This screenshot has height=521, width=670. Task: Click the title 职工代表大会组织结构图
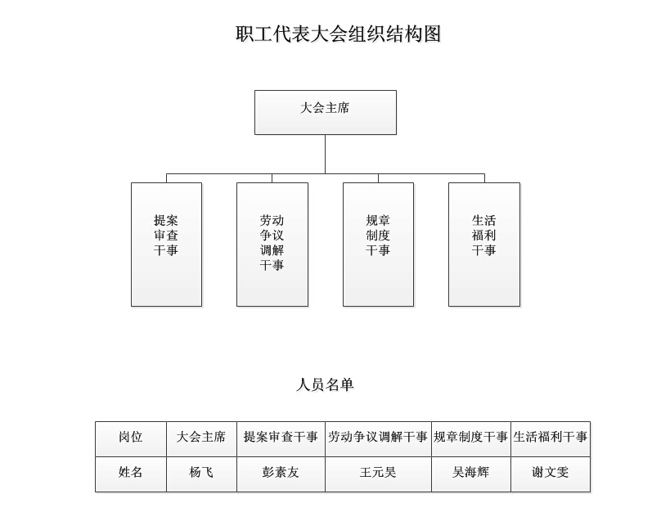(338, 34)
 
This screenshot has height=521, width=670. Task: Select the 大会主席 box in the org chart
(326, 112)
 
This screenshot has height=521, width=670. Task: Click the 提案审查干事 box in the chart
(166, 245)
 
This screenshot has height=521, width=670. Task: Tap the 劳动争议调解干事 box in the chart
(272, 245)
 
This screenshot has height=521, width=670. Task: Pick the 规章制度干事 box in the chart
(378, 245)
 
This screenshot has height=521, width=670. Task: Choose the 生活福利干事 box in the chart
(484, 245)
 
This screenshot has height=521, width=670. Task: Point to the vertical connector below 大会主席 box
(325, 154)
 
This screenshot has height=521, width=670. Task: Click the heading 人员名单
(325, 384)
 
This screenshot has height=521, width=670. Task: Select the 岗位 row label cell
(131, 439)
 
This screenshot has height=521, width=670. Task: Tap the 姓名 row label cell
(131, 474)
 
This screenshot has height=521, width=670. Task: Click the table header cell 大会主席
(201, 439)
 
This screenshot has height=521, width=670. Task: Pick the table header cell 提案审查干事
(281, 439)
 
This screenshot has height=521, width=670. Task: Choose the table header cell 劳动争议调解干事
(378, 439)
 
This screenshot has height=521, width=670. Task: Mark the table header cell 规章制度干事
(471, 439)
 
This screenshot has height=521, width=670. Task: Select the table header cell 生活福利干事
(551, 439)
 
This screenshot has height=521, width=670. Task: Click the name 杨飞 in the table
(201, 472)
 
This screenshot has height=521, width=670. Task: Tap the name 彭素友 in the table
(281, 472)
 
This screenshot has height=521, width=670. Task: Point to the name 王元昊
(378, 472)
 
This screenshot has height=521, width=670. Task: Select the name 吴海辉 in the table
(471, 472)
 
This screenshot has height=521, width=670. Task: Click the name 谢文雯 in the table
(551, 472)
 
